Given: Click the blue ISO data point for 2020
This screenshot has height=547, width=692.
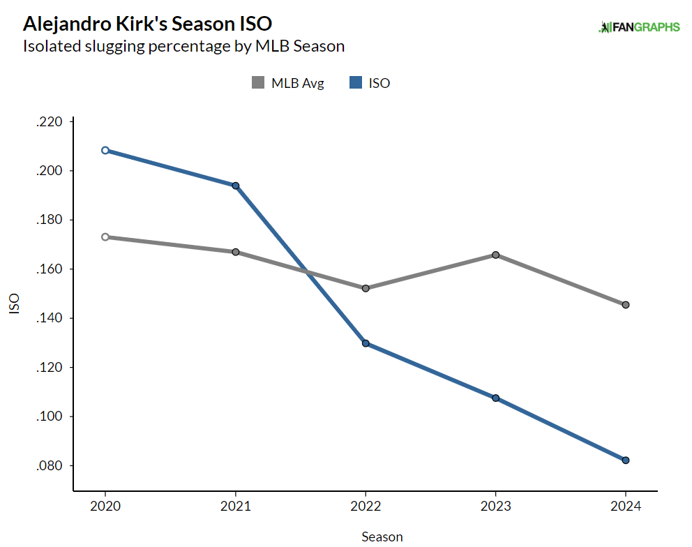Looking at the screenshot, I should (x=105, y=150).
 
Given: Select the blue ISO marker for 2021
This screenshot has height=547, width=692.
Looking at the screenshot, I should (x=236, y=186).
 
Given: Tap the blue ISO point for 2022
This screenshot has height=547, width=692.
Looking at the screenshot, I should (x=366, y=343).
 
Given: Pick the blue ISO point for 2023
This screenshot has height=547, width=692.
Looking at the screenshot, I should (x=495, y=398).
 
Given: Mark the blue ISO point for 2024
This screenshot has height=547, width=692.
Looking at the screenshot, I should (x=626, y=460).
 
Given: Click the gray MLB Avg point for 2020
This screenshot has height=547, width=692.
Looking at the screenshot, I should (x=105, y=237).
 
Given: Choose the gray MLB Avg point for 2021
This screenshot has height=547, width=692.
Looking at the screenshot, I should (x=236, y=252).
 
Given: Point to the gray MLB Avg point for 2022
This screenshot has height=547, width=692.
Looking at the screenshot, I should (x=366, y=288).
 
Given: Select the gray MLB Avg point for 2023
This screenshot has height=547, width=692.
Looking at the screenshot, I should (x=495, y=255).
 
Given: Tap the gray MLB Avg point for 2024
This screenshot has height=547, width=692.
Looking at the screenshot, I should (x=626, y=305).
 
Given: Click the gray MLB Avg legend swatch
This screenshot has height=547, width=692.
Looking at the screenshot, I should (x=258, y=83).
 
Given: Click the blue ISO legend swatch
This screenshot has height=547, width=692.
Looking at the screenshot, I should (x=356, y=83).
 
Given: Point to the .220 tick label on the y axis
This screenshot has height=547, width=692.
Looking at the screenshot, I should (x=49, y=122).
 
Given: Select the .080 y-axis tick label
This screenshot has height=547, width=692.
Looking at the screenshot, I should (x=49, y=465).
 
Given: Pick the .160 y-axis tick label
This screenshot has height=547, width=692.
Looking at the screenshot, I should (x=49, y=269).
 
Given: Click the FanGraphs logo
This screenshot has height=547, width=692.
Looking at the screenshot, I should (x=639, y=27).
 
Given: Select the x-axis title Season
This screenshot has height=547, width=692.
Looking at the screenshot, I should (x=382, y=537).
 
